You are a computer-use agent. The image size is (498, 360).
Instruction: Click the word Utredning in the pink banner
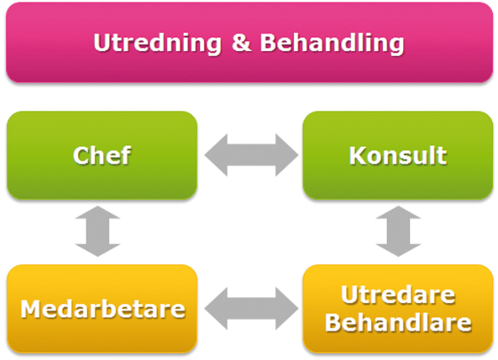click(157, 43)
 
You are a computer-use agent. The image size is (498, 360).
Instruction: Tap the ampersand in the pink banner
click(241, 42)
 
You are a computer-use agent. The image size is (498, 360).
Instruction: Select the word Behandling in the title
click(333, 44)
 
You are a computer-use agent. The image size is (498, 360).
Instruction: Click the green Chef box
click(102, 155)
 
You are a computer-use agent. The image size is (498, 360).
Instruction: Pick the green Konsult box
click(397, 155)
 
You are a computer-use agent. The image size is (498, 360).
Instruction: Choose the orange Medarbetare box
click(102, 309)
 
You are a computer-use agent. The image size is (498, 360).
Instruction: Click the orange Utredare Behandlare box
click(397, 309)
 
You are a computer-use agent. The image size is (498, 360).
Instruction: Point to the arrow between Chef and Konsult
click(251, 155)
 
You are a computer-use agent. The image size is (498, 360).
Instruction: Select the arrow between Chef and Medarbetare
click(97, 231)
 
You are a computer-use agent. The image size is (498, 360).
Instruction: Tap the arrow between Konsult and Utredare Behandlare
click(398, 231)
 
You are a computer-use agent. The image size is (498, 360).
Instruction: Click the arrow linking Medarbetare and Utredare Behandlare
click(251, 308)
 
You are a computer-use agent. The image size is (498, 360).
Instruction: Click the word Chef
click(102, 155)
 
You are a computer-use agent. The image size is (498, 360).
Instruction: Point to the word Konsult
click(398, 155)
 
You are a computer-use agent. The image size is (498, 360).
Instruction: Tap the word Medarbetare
click(102, 309)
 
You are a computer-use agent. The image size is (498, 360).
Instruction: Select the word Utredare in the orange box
click(398, 295)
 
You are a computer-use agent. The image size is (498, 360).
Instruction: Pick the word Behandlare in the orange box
click(398, 322)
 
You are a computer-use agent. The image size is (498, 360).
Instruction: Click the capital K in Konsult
click(359, 155)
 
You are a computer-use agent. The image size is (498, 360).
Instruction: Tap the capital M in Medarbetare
click(32, 309)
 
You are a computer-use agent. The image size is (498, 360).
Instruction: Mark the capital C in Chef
click(81, 155)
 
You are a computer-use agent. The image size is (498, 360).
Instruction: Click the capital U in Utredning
click(102, 43)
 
